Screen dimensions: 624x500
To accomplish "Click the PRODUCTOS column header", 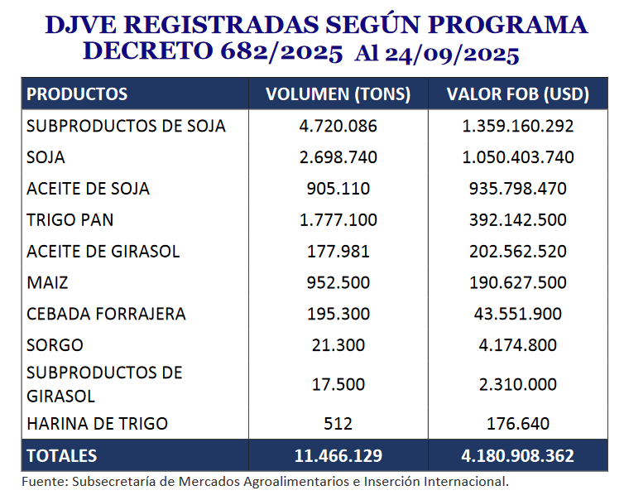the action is [x=77, y=94].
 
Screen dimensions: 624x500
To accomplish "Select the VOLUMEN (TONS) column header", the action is [x=338, y=94].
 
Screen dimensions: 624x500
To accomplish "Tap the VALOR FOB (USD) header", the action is [x=518, y=94].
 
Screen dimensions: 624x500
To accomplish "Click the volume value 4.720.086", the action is [x=338, y=126].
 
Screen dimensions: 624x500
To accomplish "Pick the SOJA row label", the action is [x=46, y=157].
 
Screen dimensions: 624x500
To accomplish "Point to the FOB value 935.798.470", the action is [x=518, y=189].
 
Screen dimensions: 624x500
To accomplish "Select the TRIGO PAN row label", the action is [x=70, y=220].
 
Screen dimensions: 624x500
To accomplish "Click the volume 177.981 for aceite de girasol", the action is [x=338, y=252].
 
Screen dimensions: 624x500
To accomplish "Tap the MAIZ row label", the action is [x=47, y=282].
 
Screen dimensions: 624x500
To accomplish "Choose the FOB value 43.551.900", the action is [x=518, y=314].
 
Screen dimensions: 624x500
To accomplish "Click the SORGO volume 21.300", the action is [x=338, y=345].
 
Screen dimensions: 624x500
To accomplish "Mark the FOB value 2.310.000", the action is [x=518, y=385].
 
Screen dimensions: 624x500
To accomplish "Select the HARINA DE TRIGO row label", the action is [x=97, y=424].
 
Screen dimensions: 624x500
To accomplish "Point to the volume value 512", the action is [x=338, y=424].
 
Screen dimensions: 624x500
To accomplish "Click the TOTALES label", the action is [x=62, y=456].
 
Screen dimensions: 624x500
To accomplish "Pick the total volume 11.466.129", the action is [x=338, y=456].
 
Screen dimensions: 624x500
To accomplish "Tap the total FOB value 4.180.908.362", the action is [x=518, y=456].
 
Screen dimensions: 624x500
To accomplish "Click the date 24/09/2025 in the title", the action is [x=452, y=54].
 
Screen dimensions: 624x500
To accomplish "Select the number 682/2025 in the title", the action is [x=281, y=52].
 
